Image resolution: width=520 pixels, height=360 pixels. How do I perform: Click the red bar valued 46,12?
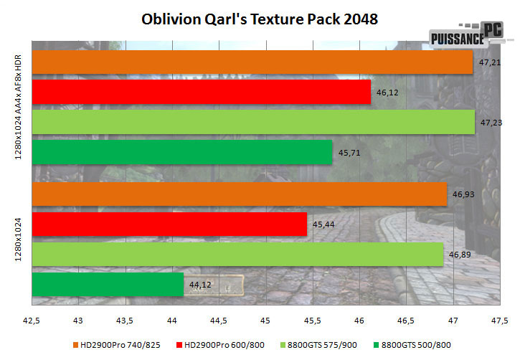pyautogui.click(x=202, y=92)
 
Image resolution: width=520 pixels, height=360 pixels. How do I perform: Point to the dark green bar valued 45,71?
pyautogui.click(x=182, y=152)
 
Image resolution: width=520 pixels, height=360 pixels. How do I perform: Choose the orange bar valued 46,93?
pyautogui.click(x=240, y=194)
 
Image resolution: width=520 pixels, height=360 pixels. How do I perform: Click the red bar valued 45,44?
pyautogui.click(x=170, y=224)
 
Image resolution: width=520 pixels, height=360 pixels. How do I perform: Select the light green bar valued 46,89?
pyautogui.click(x=238, y=254)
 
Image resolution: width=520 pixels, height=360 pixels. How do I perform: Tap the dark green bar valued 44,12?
pyautogui.click(x=108, y=284)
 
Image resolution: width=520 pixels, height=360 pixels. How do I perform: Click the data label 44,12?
pyautogui.click(x=200, y=284)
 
